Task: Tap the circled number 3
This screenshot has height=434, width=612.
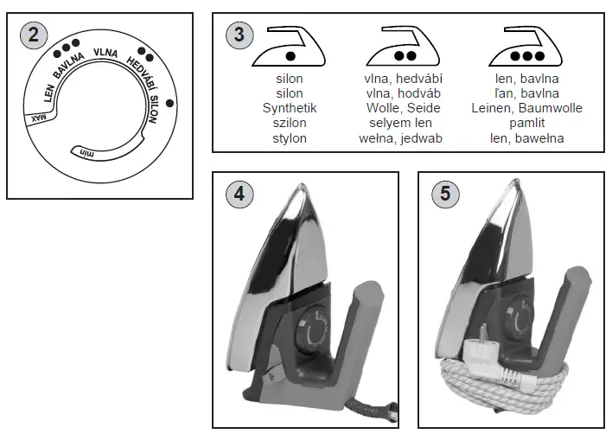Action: (238, 35)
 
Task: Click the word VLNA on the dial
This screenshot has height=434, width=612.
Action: (105, 52)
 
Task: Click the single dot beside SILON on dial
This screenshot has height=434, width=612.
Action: (169, 104)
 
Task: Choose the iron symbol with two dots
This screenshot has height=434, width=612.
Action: (405, 49)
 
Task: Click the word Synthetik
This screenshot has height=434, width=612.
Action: (290, 108)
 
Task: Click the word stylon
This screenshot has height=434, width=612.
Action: (290, 137)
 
